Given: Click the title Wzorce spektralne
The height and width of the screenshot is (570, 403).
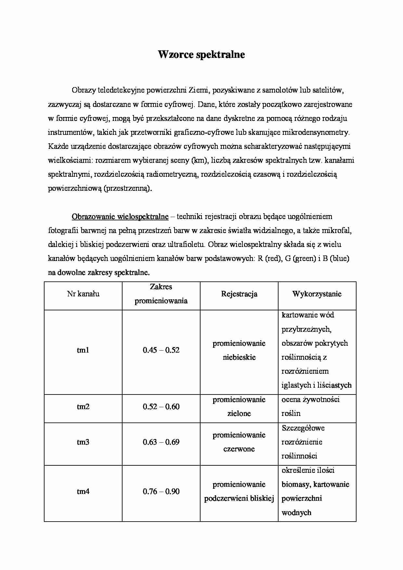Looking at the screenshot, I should coord(201,55).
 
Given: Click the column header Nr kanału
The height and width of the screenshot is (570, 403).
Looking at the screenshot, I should coord(83,294).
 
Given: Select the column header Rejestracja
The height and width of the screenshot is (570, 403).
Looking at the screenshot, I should coord(239,294).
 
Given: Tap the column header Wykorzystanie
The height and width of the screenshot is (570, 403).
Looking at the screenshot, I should coord(317,294).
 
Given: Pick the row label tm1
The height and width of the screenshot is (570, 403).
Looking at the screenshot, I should coord(83,350).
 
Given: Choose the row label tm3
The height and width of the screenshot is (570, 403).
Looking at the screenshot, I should coord(83,442).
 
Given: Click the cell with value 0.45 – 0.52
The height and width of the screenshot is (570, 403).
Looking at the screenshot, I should coord(161,350).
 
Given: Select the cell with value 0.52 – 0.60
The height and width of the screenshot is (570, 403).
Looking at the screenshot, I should coord(161,407).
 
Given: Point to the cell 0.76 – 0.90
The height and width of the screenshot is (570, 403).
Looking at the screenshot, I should coord(161,492).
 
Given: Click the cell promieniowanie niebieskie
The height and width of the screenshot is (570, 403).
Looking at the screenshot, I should coord(239,350).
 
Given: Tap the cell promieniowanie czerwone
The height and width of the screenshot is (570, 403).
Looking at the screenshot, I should coord(239,442).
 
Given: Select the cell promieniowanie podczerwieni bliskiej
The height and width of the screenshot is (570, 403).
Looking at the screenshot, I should coord(239,492).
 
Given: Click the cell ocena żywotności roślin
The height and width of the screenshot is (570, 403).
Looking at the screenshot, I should coord(310,407).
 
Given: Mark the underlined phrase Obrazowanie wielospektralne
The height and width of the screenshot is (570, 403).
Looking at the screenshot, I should coord(120,217).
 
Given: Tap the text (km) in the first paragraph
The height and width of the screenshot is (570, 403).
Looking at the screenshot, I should coord(197,161).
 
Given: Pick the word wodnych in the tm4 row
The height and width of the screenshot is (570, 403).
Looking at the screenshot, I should coord(296,513).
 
